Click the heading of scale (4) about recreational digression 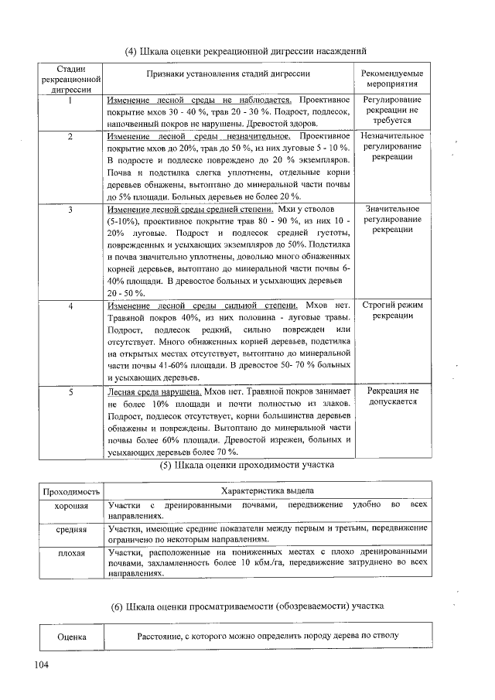pyautogui.click(x=245, y=52)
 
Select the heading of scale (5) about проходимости pyautogui.click(x=246, y=466)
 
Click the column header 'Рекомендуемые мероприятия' pyautogui.click(x=392, y=79)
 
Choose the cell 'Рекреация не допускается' pyautogui.click(x=392, y=397)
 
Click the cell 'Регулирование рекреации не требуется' pyautogui.click(x=392, y=111)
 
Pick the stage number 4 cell pyautogui.click(x=70, y=306)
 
